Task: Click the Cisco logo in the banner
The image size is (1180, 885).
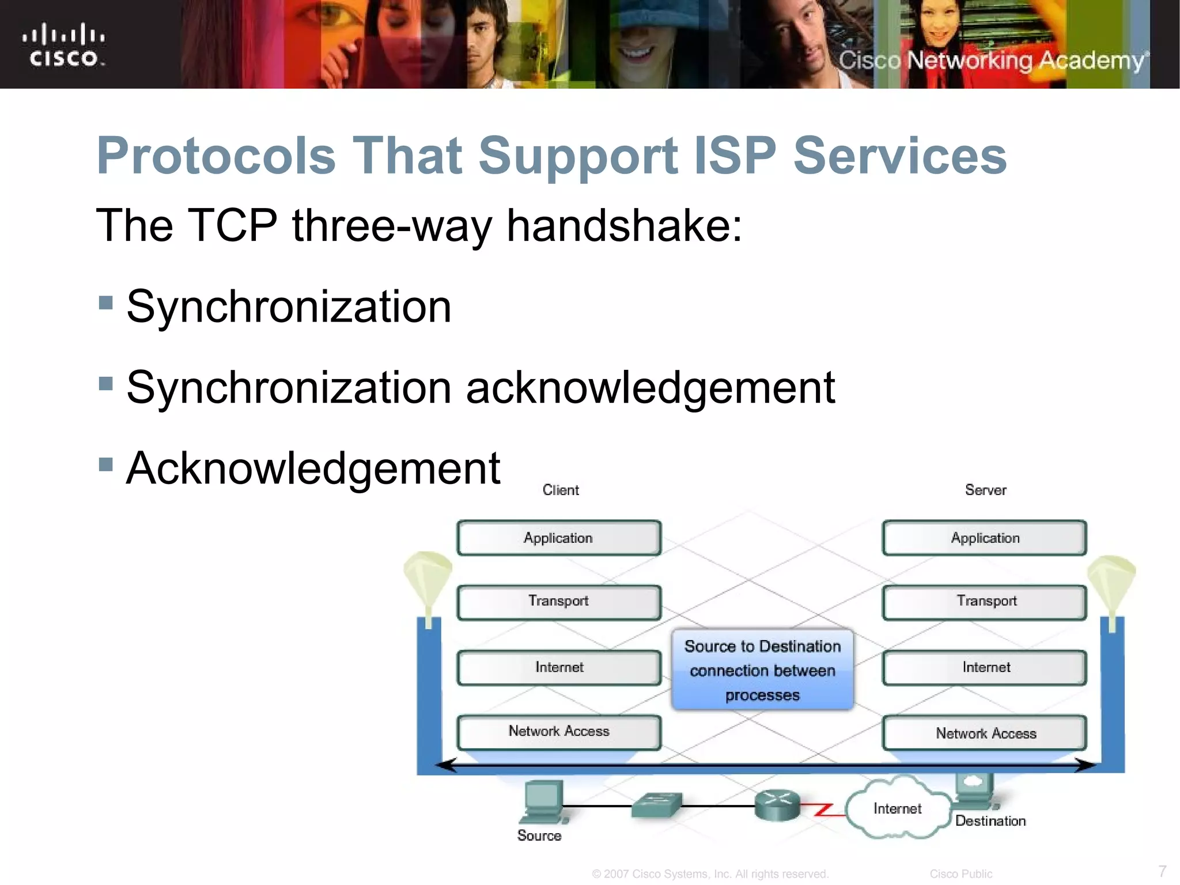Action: click(x=64, y=45)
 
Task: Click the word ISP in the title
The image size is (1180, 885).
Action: click(x=735, y=156)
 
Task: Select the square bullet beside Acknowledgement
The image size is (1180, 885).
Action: click(x=105, y=464)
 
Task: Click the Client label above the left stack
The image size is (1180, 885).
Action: click(x=560, y=490)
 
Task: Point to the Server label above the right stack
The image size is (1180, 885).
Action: click(x=985, y=490)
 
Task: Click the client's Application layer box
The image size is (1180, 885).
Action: click(x=558, y=538)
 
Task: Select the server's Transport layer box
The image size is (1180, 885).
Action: click(x=985, y=602)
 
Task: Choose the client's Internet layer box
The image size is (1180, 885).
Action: click(x=558, y=668)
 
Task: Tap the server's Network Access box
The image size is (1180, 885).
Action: click(x=985, y=733)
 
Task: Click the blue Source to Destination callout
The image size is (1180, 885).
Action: click(x=762, y=670)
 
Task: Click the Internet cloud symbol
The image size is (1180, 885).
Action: click(x=897, y=809)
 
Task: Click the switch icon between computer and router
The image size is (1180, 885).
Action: click(x=656, y=805)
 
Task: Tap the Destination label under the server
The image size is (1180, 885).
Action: click(x=990, y=821)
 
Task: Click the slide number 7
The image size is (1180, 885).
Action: click(x=1162, y=871)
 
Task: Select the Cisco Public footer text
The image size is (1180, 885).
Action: click(x=960, y=874)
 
